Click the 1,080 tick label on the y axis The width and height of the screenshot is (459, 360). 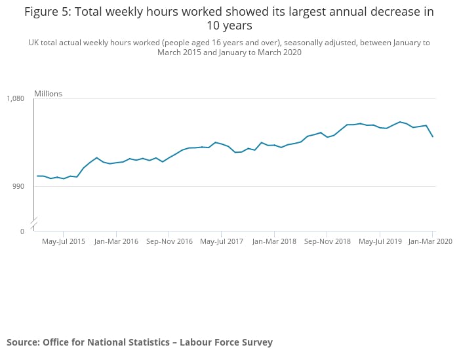tap(15, 98)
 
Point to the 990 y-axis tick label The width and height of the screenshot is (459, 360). tap(18, 186)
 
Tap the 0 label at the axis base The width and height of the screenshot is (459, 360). tap(22, 231)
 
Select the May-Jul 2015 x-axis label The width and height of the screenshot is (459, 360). tap(64, 241)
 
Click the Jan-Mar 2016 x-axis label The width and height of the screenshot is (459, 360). tap(116, 241)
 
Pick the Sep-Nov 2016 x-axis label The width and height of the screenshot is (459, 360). tap(169, 241)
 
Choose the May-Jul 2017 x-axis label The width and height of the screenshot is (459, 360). tap(222, 241)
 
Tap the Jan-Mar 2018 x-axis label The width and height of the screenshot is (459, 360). tap(274, 241)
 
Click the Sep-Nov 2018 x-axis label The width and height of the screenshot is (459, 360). tap(327, 241)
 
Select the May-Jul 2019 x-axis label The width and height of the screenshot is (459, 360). tap(380, 241)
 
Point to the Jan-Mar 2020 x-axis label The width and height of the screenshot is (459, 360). tap(431, 241)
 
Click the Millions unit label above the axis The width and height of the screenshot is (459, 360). tap(48, 94)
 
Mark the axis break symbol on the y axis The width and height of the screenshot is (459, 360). tap(33, 220)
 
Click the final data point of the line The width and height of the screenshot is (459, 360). tap(433, 136)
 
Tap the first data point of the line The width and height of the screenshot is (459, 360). tap(37, 176)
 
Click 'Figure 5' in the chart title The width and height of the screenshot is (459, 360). tap(49, 12)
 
